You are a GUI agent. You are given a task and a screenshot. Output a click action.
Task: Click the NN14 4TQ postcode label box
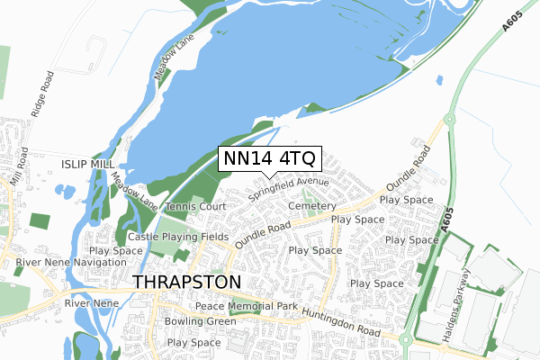pos(267,159)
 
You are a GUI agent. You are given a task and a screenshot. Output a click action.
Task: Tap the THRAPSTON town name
pos(187,282)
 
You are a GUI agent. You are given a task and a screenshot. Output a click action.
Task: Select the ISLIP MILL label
pos(89,165)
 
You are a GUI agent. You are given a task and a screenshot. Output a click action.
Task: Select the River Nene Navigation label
pos(71,262)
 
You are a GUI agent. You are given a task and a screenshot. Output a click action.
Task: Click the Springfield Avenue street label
pos(289,188)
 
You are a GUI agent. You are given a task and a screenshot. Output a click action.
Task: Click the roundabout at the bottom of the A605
pos(405,341)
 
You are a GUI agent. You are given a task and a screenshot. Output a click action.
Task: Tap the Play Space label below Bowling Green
pos(193,343)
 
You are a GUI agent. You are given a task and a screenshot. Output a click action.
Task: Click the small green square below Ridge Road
pos(40,220)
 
